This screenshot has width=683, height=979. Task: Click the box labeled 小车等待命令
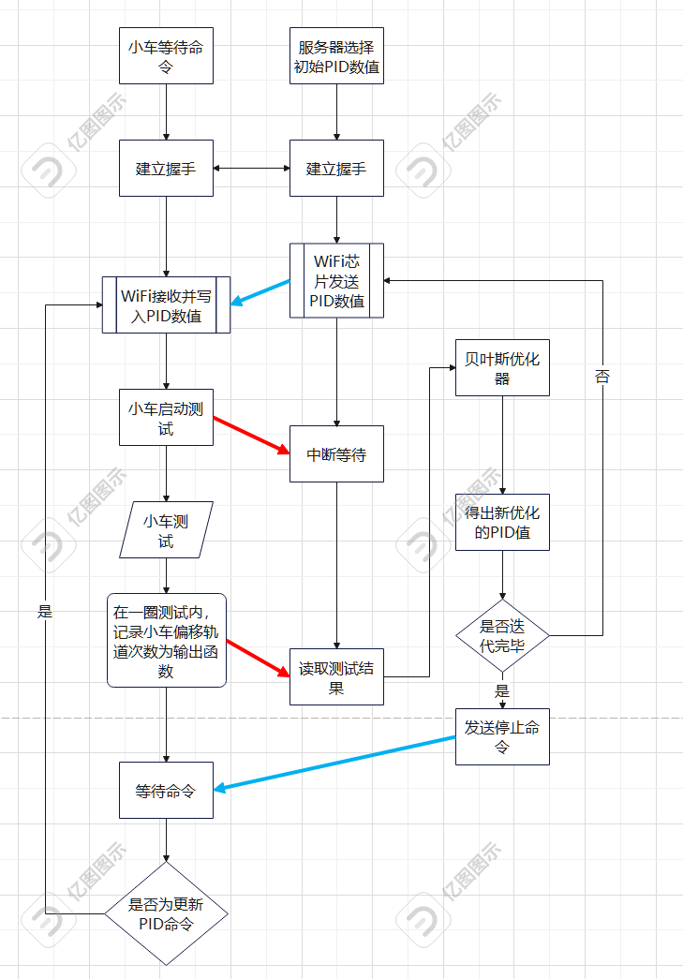click(166, 57)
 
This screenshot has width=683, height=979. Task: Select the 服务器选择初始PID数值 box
click(336, 57)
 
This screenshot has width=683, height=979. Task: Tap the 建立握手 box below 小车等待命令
click(166, 169)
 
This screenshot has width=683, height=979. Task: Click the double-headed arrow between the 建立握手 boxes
click(251, 169)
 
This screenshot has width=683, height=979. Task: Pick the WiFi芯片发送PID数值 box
click(336, 280)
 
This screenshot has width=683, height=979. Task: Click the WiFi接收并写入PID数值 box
click(166, 304)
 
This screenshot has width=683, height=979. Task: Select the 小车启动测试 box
click(166, 418)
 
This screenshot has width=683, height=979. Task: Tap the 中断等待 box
click(336, 455)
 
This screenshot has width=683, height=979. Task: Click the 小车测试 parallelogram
click(166, 530)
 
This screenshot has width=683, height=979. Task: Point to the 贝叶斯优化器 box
click(502, 367)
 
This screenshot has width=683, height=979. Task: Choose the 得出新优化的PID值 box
click(502, 523)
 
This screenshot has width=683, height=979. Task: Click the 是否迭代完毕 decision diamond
click(502, 636)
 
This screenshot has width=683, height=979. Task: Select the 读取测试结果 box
click(336, 677)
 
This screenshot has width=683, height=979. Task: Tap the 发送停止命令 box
click(502, 736)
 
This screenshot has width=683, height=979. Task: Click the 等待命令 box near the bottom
click(166, 791)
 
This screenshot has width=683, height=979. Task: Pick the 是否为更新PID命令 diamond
click(166, 913)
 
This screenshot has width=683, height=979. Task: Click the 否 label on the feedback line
click(601, 377)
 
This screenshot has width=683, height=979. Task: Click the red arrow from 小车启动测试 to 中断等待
click(252, 436)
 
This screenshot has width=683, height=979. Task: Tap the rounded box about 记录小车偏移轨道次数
click(166, 641)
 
